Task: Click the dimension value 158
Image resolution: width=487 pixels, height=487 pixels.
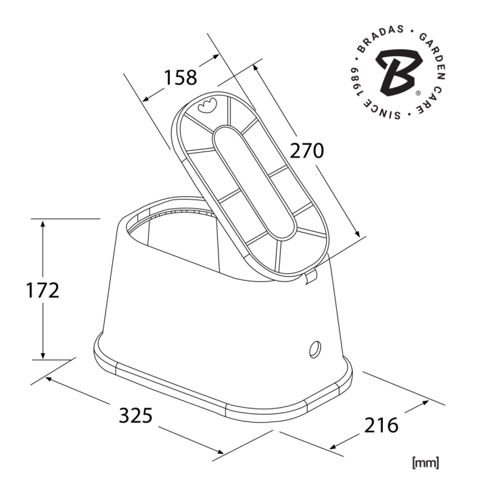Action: coord(180,78)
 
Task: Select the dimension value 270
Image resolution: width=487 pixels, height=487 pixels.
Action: coord(306,151)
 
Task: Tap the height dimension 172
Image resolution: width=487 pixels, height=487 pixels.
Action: coord(42,290)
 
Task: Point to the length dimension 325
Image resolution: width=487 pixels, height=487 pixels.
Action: coord(136,415)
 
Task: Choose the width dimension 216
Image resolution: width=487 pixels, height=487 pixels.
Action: coord(381,425)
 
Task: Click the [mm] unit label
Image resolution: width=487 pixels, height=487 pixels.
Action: coord(425,463)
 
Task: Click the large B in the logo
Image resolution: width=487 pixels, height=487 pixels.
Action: coord(400,72)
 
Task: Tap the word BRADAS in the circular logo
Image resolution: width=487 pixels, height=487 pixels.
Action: coord(379,37)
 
